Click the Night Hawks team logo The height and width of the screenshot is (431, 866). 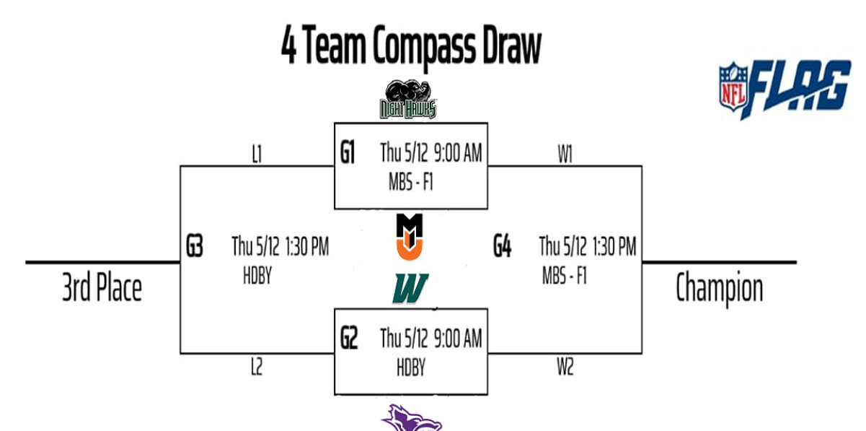coord(409,100)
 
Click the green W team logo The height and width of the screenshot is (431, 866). coord(410,289)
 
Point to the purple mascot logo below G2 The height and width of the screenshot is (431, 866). coord(411,419)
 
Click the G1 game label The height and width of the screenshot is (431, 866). coord(348,154)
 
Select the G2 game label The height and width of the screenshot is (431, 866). coord(349,339)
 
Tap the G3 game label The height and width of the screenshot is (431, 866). coord(193,248)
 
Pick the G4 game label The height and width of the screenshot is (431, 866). coord(503,248)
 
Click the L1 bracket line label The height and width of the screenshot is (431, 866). coord(257,155)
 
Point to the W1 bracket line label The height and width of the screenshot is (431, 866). coord(565,155)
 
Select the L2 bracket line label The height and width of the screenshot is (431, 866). coord(257,367)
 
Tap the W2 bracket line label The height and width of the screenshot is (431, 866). coord(565,367)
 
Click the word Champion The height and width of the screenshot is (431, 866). coord(719,289)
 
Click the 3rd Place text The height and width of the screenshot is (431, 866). coord(102,289)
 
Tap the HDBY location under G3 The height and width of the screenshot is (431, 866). coord(257,276)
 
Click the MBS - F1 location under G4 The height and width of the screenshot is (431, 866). coord(565,276)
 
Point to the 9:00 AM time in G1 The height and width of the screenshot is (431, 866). coord(458,153)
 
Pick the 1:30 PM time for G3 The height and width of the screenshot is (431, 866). coord(307,247)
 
